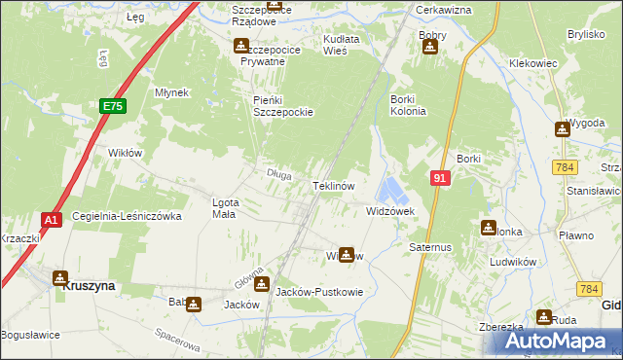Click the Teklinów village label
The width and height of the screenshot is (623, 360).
338,185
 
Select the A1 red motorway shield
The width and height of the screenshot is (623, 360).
53,220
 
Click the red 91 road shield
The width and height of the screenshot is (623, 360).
440,178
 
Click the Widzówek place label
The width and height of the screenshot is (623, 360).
390,210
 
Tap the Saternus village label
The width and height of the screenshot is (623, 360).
431,247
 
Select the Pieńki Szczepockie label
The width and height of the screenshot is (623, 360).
282,105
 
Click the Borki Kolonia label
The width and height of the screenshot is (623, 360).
408,105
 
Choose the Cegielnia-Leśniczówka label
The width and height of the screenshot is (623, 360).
127,216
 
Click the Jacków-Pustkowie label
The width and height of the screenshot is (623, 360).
319,292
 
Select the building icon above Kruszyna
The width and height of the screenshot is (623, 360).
60,278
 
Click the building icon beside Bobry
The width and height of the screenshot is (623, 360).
429,46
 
